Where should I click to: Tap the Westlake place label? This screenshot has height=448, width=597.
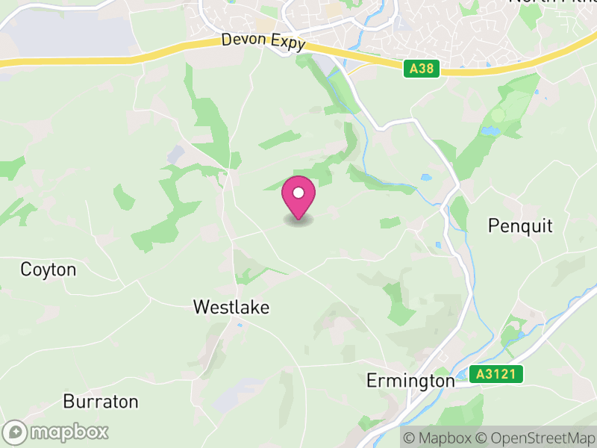231,307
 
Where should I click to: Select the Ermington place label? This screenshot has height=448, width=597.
410,381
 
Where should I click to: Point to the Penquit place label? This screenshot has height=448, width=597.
520,225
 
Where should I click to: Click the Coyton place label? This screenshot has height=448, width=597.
49,269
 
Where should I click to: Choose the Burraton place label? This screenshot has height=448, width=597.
101,402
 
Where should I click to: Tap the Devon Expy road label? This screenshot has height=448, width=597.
263,43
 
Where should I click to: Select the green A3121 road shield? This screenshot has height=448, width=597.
496,373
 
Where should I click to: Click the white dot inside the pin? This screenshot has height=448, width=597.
298,193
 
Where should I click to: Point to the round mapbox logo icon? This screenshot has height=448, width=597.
15,432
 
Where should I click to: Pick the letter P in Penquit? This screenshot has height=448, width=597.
493,225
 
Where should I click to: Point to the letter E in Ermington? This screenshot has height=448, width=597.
371,381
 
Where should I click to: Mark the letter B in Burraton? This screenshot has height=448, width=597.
68,402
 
